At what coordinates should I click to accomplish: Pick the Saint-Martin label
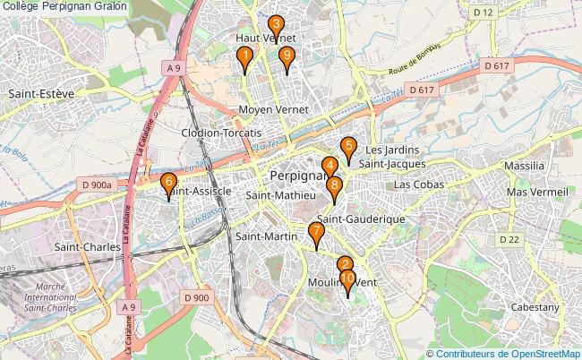click(x=266, y=236)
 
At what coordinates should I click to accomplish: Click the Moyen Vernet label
click(x=274, y=109)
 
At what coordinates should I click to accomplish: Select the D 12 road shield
click(x=484, y=13)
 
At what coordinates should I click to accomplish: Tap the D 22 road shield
click(x=509, y=239)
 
